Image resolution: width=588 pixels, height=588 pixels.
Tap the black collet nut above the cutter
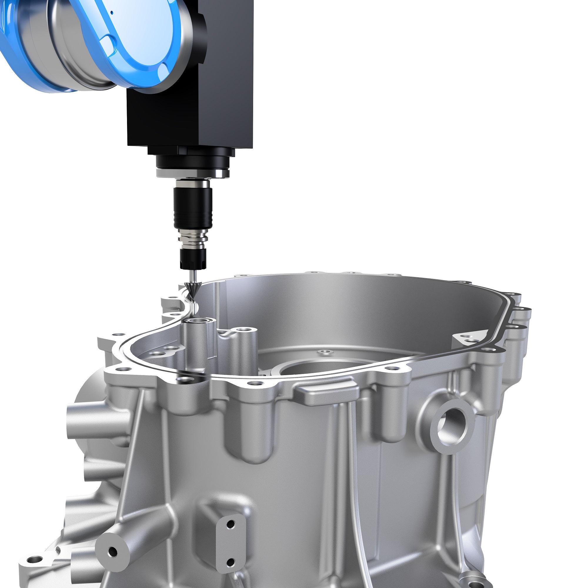[x=193, y=259]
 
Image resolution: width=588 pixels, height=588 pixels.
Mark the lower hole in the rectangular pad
[x=231, y=562]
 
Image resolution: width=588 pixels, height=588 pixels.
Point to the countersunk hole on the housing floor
[x=325, y=352]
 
